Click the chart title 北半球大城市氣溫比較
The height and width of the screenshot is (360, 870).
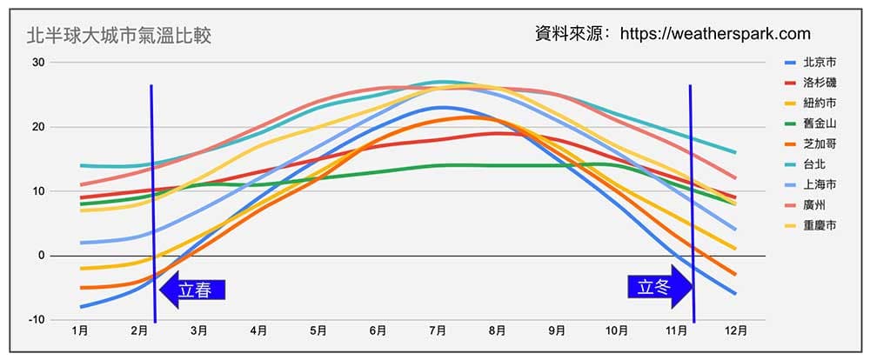point(119,36)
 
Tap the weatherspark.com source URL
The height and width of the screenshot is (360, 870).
point(715,34)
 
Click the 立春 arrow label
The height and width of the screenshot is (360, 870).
point(194,290)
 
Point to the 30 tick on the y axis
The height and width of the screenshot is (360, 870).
point(38,62)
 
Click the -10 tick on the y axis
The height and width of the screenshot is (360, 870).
point(37,319)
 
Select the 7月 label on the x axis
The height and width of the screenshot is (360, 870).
point(438,331)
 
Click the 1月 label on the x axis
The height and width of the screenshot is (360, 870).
point(79,331)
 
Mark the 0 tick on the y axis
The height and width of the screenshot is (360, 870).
point(41,255)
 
